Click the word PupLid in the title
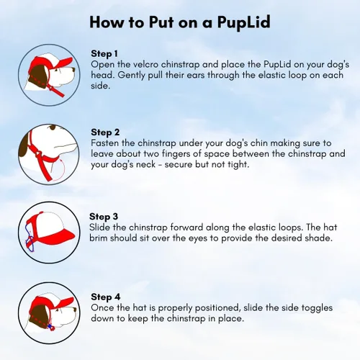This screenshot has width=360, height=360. click(240, 22)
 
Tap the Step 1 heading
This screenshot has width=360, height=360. click(105, 53)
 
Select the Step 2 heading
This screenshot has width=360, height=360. click(106, 132)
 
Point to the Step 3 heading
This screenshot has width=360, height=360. click(104, 216)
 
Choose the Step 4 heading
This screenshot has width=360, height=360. click(105, 296)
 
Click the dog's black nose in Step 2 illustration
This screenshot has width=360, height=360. click(69, 148)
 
